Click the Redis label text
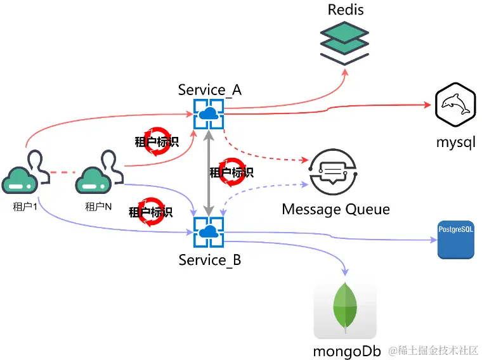[346, 10]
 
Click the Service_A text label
[210, 90]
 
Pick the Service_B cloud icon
[207, 233]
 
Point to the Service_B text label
[210, 260]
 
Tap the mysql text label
[455, 142]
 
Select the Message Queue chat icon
[333, 171]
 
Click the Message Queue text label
[335, 209]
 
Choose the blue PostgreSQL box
[455, 240]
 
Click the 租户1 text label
[25, 207]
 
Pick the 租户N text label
[98, 207]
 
